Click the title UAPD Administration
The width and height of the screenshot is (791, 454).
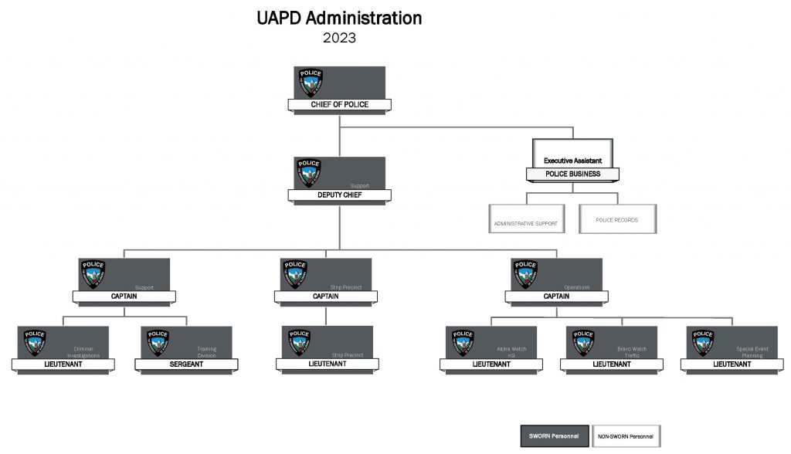point(339,18)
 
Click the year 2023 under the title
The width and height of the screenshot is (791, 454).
point(339,37)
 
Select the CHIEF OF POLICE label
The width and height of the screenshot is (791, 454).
point(339,104)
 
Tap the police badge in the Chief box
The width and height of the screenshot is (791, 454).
point(311,82)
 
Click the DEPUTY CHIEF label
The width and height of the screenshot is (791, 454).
point(339,195)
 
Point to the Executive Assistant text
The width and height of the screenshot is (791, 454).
point(572,160)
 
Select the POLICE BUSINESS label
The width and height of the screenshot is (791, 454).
point(572,174)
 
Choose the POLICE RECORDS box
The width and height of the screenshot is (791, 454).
point(617,219)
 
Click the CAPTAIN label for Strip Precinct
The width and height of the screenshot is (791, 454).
point(325,296)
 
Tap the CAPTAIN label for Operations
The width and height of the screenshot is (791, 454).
point(556,296)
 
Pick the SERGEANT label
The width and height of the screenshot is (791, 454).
point(186,364)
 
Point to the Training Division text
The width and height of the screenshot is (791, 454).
point(206,352)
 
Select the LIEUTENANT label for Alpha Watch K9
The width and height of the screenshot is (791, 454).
point(491,364)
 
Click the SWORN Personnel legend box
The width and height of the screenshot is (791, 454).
point(554,437)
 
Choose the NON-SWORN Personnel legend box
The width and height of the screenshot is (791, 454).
point(625,437)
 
